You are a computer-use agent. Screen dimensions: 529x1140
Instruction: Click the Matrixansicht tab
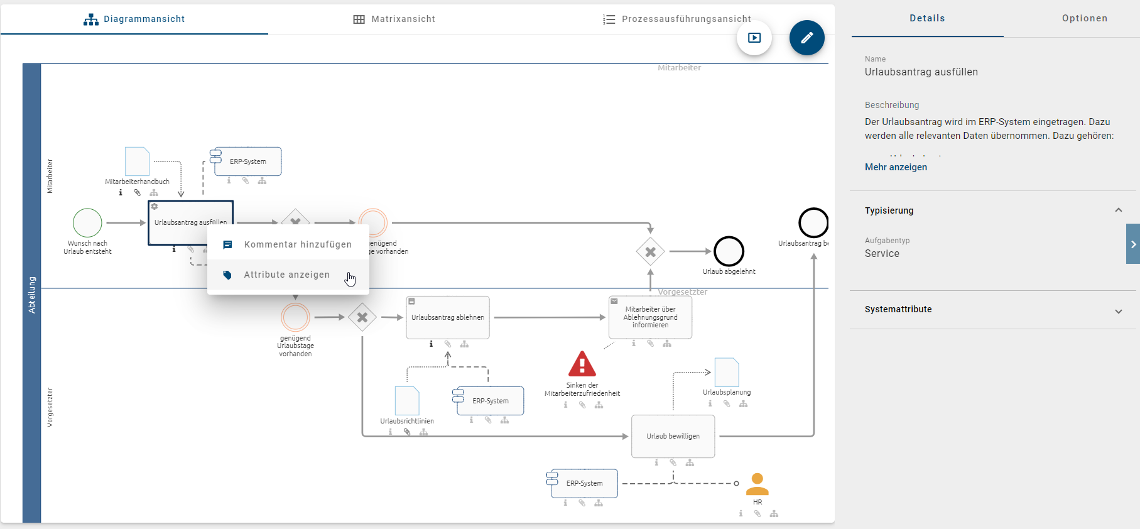(394, 19)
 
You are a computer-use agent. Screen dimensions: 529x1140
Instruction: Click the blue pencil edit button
(806, 38)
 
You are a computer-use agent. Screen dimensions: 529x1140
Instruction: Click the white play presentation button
(754, 38)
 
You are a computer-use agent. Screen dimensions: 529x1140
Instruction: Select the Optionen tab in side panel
(1084, 18)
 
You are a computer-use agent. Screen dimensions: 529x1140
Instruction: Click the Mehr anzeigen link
(896, 167)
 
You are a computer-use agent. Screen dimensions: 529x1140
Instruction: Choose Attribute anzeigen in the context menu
(286, 275)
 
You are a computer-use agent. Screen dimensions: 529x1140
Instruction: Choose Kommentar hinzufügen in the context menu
(297, 244)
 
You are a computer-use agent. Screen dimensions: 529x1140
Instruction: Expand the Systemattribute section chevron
(1118, 311)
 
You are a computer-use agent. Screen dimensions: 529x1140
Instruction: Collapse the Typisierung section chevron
(1118, 210)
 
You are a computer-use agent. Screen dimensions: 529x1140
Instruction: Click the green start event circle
(87, 222)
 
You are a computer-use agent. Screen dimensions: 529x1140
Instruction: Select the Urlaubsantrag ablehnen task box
(447, 317)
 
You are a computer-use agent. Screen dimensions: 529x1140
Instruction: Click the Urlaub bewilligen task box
(673, 436)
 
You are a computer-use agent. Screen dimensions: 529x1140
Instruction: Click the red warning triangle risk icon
(582, 364)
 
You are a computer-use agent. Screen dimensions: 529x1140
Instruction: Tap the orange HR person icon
(757, 484)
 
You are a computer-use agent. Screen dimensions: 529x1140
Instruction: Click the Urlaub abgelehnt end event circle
(729, 251)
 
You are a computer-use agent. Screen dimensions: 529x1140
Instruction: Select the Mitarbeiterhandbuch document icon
(137, 161)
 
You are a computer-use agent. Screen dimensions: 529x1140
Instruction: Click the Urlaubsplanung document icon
(727, 373)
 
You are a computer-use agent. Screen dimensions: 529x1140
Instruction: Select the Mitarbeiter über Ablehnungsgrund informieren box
(650, 317)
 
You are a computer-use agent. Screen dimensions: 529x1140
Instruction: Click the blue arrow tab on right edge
(1132, 244)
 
